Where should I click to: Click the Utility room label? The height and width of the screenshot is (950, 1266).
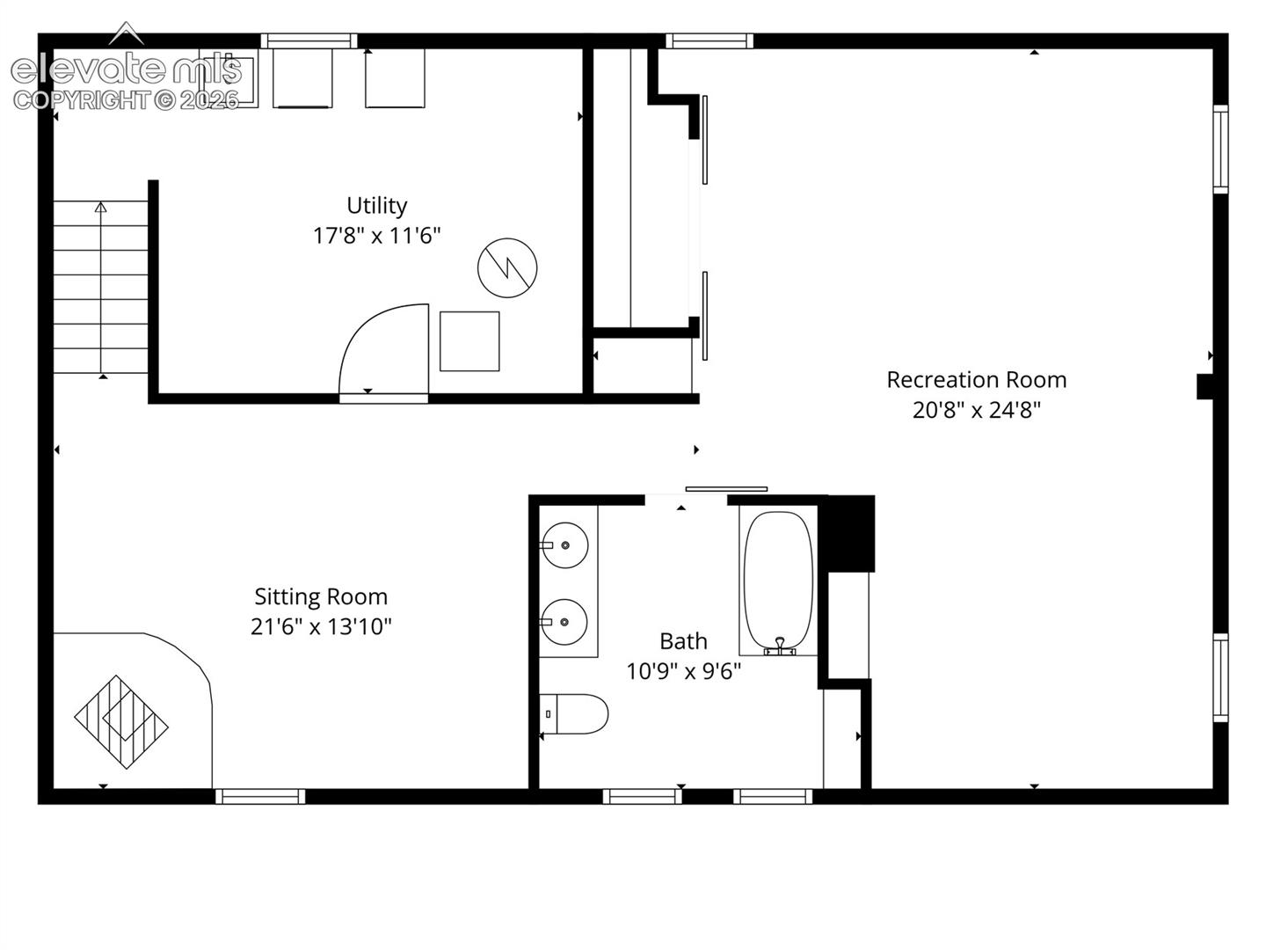click(x=376, y=206)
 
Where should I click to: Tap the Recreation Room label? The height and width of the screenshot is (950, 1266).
click(x=976, y=379)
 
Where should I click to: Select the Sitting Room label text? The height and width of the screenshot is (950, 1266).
click(x=321, y=597)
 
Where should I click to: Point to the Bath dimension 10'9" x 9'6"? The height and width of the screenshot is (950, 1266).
click(x=683, y=671)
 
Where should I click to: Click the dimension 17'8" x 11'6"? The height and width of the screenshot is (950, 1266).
click(x=376, y=236)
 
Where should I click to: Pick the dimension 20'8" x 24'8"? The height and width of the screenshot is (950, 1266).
click(x=976, y=410)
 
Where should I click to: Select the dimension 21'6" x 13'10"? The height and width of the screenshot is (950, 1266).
click(x=321, y=626)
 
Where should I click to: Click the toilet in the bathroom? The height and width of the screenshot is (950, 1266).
click(x=574, y=713)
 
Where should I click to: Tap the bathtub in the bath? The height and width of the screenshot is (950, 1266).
click(x=778, y=582)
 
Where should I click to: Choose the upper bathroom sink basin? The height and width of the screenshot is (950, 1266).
click(x=564, y=545)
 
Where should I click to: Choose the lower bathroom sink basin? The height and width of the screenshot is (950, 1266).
click(x=564, y=622)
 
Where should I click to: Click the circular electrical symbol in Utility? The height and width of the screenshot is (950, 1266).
click(x=507, y=267)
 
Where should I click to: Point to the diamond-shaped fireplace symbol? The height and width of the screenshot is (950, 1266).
click(x=121, y=721)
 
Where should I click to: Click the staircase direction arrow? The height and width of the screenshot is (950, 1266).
click(x=101, y=289)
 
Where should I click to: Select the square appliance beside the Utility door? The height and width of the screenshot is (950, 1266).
click(x=469, y=341)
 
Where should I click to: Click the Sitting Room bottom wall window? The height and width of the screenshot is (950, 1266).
click(x=260, y=797)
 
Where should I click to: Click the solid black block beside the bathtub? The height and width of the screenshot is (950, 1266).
click(x=848, y=534)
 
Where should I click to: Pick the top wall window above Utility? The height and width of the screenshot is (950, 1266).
click(x=309, y=41)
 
